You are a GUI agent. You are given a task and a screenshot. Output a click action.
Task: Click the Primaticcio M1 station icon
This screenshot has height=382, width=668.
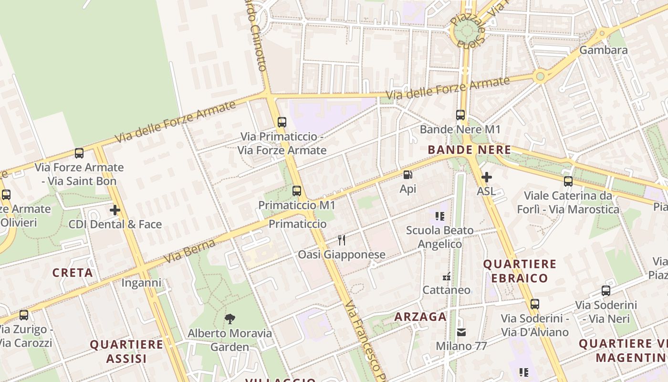coord(297,191)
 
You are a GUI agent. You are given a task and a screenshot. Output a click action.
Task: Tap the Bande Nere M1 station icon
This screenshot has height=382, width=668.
coord(460,115)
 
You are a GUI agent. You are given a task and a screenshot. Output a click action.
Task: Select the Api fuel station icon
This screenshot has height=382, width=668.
coord(407,175)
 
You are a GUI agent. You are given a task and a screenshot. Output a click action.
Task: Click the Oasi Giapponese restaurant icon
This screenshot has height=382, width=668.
coord(342,240)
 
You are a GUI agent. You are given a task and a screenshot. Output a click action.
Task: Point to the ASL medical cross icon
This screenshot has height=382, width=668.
coord(486,178)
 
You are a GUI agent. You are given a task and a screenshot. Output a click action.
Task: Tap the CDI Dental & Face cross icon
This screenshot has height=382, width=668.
coord(115,210)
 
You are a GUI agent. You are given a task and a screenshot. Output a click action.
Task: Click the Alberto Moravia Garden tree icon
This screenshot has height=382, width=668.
coord(230,318)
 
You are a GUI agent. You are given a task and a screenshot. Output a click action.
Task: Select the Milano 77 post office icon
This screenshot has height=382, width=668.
coord(461,332)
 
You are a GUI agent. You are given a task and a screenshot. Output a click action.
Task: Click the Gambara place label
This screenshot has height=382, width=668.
coord(603,50)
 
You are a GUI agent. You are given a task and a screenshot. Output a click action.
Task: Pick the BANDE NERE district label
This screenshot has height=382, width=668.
coord(469,150)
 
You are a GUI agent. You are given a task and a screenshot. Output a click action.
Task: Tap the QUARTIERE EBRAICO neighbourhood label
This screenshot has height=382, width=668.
coord(520,271)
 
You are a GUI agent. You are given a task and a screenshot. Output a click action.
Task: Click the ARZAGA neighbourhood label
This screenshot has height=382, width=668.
coord(420,317)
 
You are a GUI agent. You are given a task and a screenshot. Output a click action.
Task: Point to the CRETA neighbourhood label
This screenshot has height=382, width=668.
coord(73,273)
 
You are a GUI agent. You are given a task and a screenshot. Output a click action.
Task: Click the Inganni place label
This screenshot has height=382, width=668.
coord(141,283)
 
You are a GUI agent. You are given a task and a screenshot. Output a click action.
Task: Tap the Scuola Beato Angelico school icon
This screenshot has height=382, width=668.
coord(440,216)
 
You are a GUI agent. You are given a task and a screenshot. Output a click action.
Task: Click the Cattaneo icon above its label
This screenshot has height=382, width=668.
coord(447,276)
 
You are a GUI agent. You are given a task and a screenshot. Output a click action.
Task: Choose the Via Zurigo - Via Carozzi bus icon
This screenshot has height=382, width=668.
coord(24,315)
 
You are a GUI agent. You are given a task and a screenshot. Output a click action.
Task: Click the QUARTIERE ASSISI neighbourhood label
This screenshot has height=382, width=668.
coord(126,351)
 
